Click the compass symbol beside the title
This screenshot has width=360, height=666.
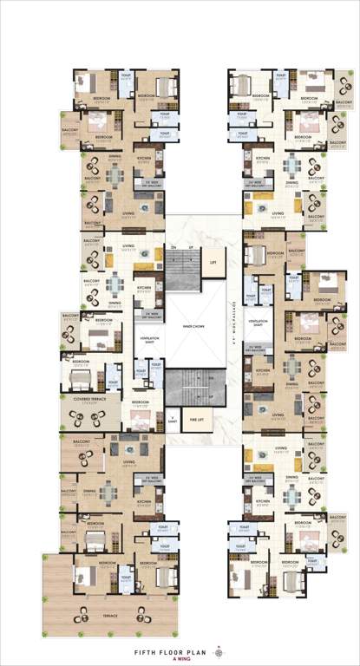point(219,650)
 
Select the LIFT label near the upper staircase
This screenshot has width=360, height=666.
point(212,259)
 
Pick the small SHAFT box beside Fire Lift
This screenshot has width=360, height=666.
point(173,421)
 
